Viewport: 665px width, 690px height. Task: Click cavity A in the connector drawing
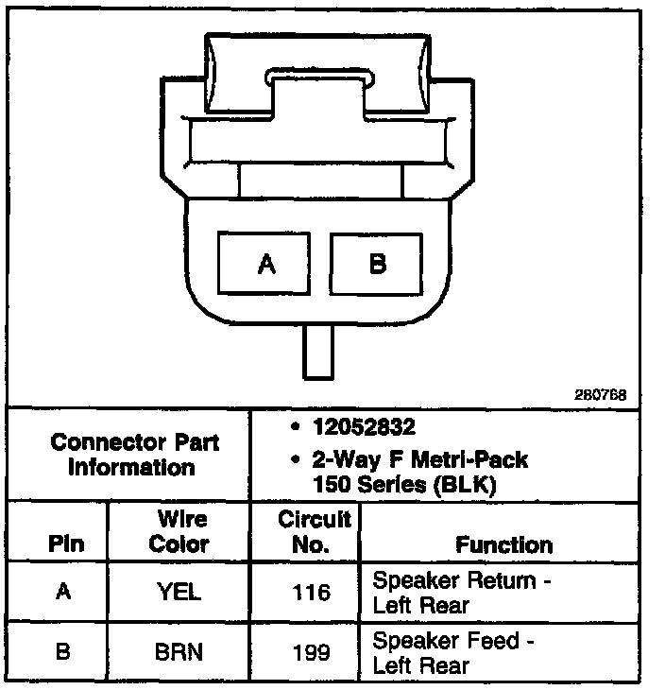[x=266, y=263]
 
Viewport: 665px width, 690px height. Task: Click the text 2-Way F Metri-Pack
[x=420, y=460]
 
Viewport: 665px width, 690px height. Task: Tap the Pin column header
[x=65, y=544]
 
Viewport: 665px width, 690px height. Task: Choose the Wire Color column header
[x=179, y=531]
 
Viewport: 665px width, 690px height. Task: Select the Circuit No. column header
[x=314, y=531]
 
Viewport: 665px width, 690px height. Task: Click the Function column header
[x=503, y=544]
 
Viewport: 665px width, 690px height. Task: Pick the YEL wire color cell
[x=179, y=592]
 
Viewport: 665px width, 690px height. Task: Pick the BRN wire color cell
[x=179, y=652]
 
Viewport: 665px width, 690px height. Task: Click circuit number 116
[x=312, y=592]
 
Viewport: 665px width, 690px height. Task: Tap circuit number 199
[x=312, y=652]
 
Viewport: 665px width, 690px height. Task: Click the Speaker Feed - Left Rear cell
[x=453, y=652]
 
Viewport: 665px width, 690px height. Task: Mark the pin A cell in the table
[x=63, y=592]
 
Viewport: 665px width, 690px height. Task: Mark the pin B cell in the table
[x=63, y=652]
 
